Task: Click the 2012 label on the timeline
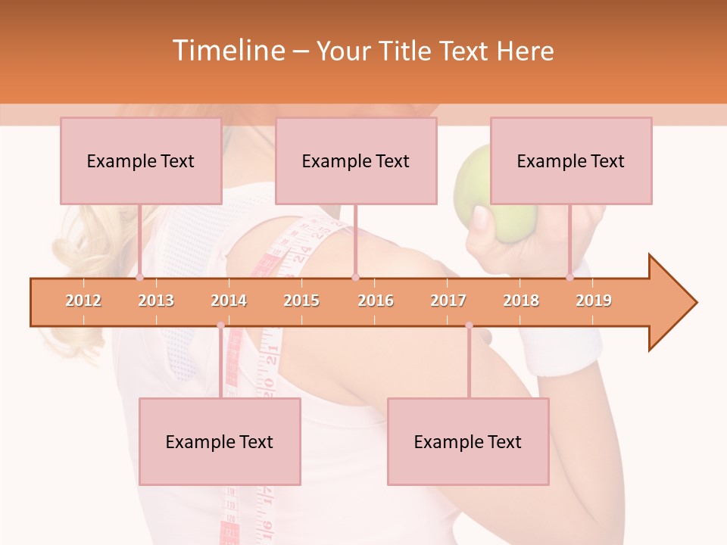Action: (x=83, y=301)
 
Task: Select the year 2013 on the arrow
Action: (x=156, y=301)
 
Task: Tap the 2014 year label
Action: (x=229, y=301)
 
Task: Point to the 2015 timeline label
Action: (x=301, y=301)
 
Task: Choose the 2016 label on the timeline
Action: (x=376, y=301)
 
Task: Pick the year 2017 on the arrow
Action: (x=448, y=301)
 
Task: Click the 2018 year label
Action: (x=521, y=301)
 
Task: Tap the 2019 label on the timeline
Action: (x=594, y=301)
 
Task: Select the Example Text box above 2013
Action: (x=141, y=160)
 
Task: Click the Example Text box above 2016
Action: (x=356, y=160)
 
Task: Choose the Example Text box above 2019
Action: (x=571, y=160)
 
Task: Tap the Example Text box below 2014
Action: (x=220, y=441)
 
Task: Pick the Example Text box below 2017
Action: (x=468, y=441)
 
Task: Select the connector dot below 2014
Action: (x=221, y=325)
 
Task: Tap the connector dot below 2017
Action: (x=469, y=325)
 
